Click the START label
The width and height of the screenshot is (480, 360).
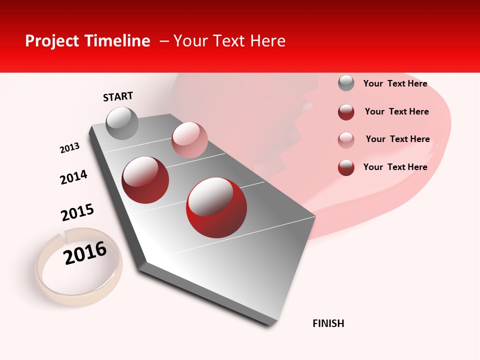[118, 96]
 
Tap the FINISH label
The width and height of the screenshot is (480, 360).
[328, 323]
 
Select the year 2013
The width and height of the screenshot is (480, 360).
[69, 148]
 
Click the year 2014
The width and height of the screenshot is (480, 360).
[73, 177]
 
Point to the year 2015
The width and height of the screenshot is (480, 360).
[77, 212]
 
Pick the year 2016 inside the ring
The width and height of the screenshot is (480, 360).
[85, 253]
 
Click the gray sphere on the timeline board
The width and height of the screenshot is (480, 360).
[122, 123]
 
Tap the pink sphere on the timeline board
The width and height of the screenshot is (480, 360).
[189, 140]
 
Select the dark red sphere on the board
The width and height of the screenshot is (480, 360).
[145, 180]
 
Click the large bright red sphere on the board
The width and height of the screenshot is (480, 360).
[216, 207]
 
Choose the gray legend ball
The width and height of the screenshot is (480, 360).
[346, 83]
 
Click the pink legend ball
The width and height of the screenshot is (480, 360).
[346, 140]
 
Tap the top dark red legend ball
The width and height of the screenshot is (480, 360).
[346, 112]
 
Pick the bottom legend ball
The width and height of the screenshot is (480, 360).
[346, 167]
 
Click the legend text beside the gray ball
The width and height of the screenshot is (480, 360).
[395, 83]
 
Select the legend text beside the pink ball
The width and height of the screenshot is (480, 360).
[397, 139]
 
